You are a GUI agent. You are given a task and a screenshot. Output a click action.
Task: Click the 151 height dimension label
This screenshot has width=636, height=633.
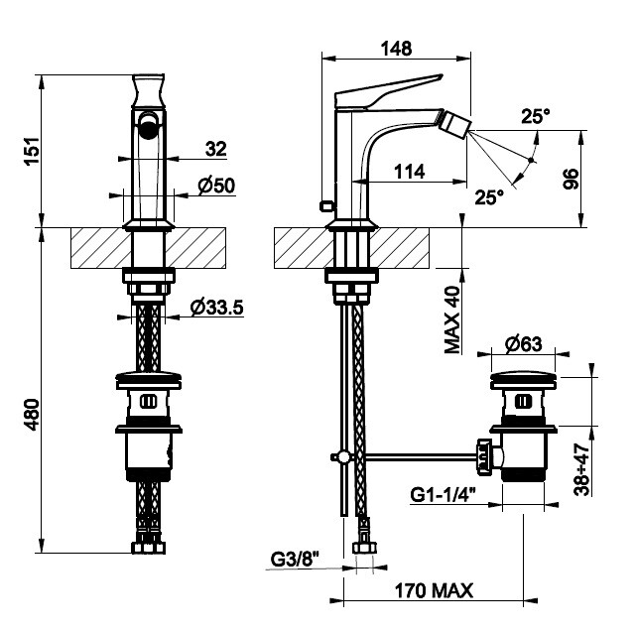coord(32,151)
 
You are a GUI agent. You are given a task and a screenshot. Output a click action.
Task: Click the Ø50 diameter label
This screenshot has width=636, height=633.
coord(215,186)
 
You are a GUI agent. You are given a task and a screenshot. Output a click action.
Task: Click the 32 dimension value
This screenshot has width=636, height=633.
coord(216,149)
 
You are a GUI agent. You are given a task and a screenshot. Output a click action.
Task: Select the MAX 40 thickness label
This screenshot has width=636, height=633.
coord(453,318)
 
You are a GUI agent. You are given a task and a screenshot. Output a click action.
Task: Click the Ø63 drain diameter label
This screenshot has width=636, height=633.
coord(523,344)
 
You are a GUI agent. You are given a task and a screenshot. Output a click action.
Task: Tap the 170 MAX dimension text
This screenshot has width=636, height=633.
coord(434,590)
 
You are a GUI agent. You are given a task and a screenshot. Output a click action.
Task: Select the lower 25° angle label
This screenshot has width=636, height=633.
coord(489,196)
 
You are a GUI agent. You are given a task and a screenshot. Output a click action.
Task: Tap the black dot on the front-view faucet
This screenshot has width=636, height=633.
coord(149,124)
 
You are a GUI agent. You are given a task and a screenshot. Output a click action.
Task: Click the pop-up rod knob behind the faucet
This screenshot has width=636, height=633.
coord(323,205)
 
